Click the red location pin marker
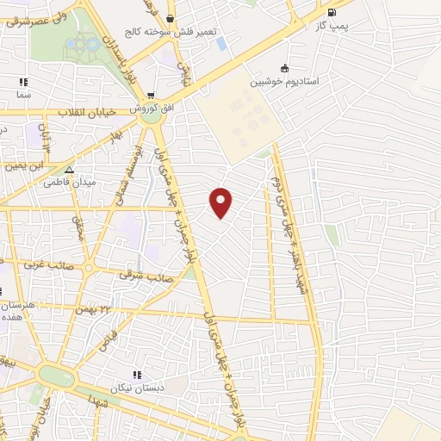coord(221,202)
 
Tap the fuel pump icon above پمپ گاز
coord(332,13)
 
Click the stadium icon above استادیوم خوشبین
coord(285,69)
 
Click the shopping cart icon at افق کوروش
coord(151,96)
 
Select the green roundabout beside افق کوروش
coord(153,115)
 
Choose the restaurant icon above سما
coord(23,83)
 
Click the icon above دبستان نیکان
coord(136,375)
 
